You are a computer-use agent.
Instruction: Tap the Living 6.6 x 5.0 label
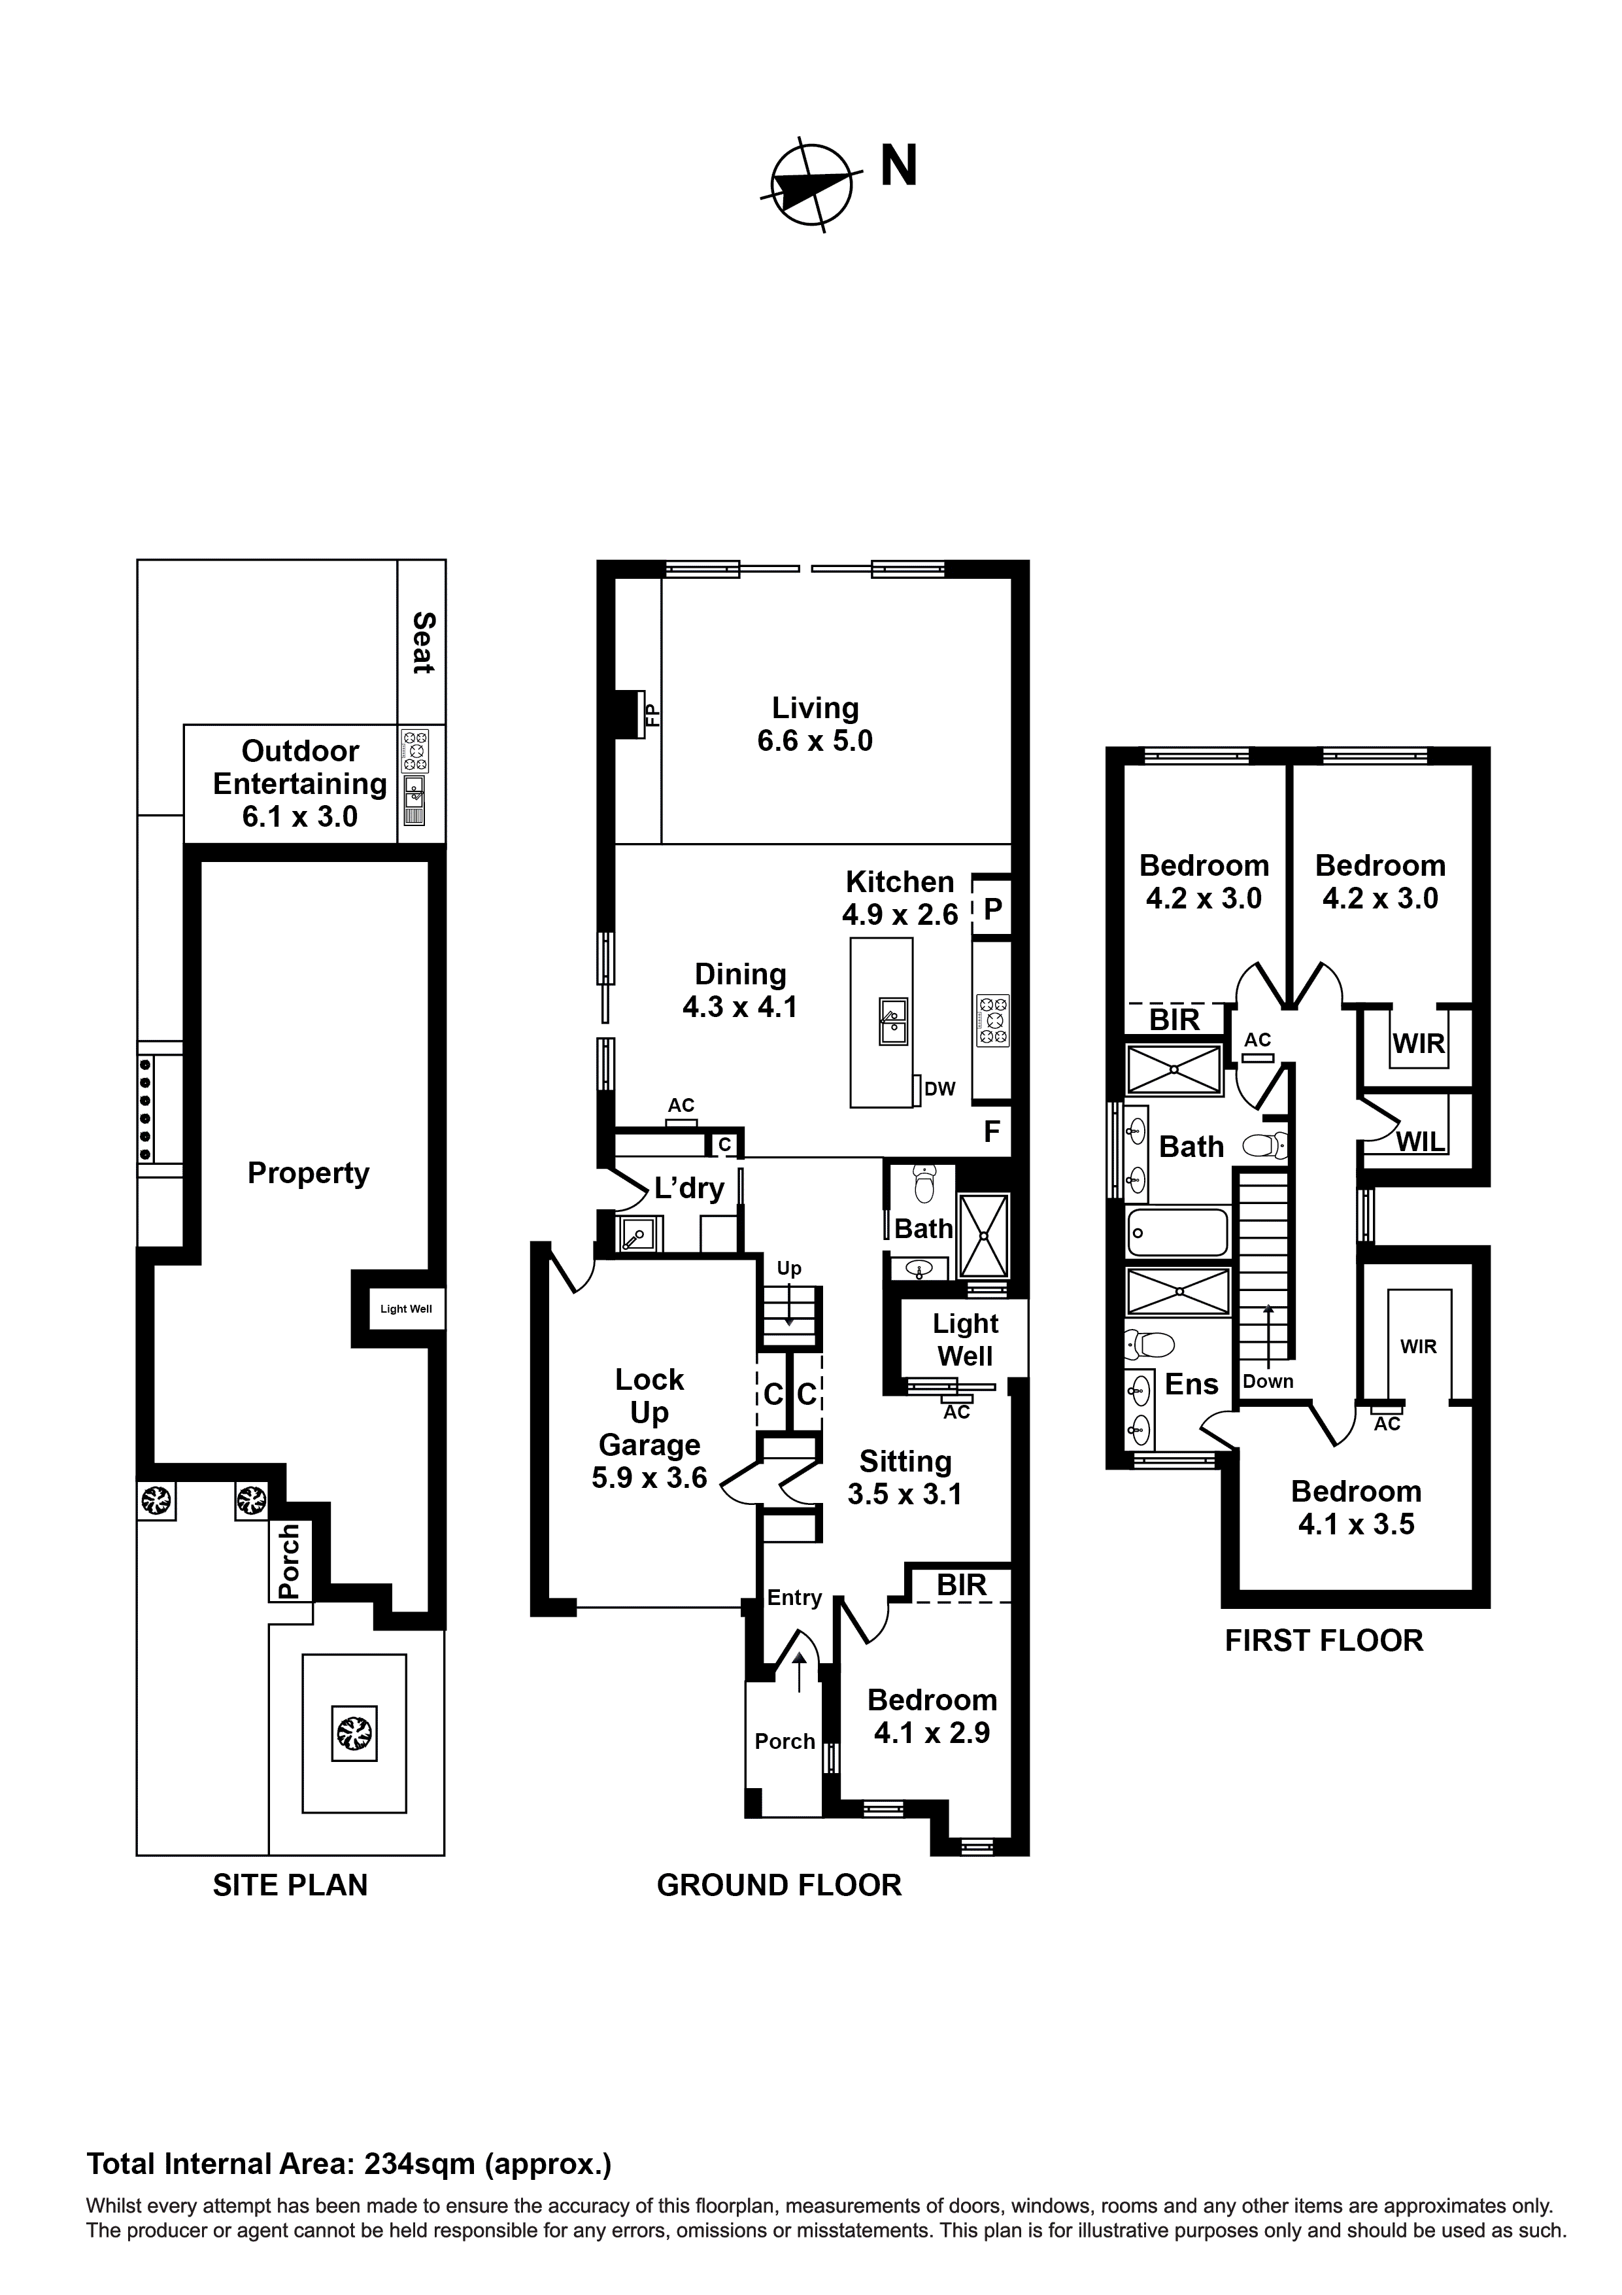[x=815, y=723]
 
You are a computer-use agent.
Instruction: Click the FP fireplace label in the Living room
[x=650, y=714]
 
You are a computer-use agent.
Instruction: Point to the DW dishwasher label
[x=939, y=1088]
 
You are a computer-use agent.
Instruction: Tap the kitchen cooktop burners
[x=992, y=1020]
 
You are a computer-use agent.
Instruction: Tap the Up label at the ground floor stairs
[x=788, y=1268]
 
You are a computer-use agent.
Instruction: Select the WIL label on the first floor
[x=1419, y=1141]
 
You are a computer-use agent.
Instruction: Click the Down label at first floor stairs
[x=1267, y=1381]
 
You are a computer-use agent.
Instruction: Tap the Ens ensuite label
[x=1191, y=1385]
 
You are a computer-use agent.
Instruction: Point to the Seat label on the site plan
[x=423, y=643]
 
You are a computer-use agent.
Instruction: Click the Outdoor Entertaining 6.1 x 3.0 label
[x=300, y=784]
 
